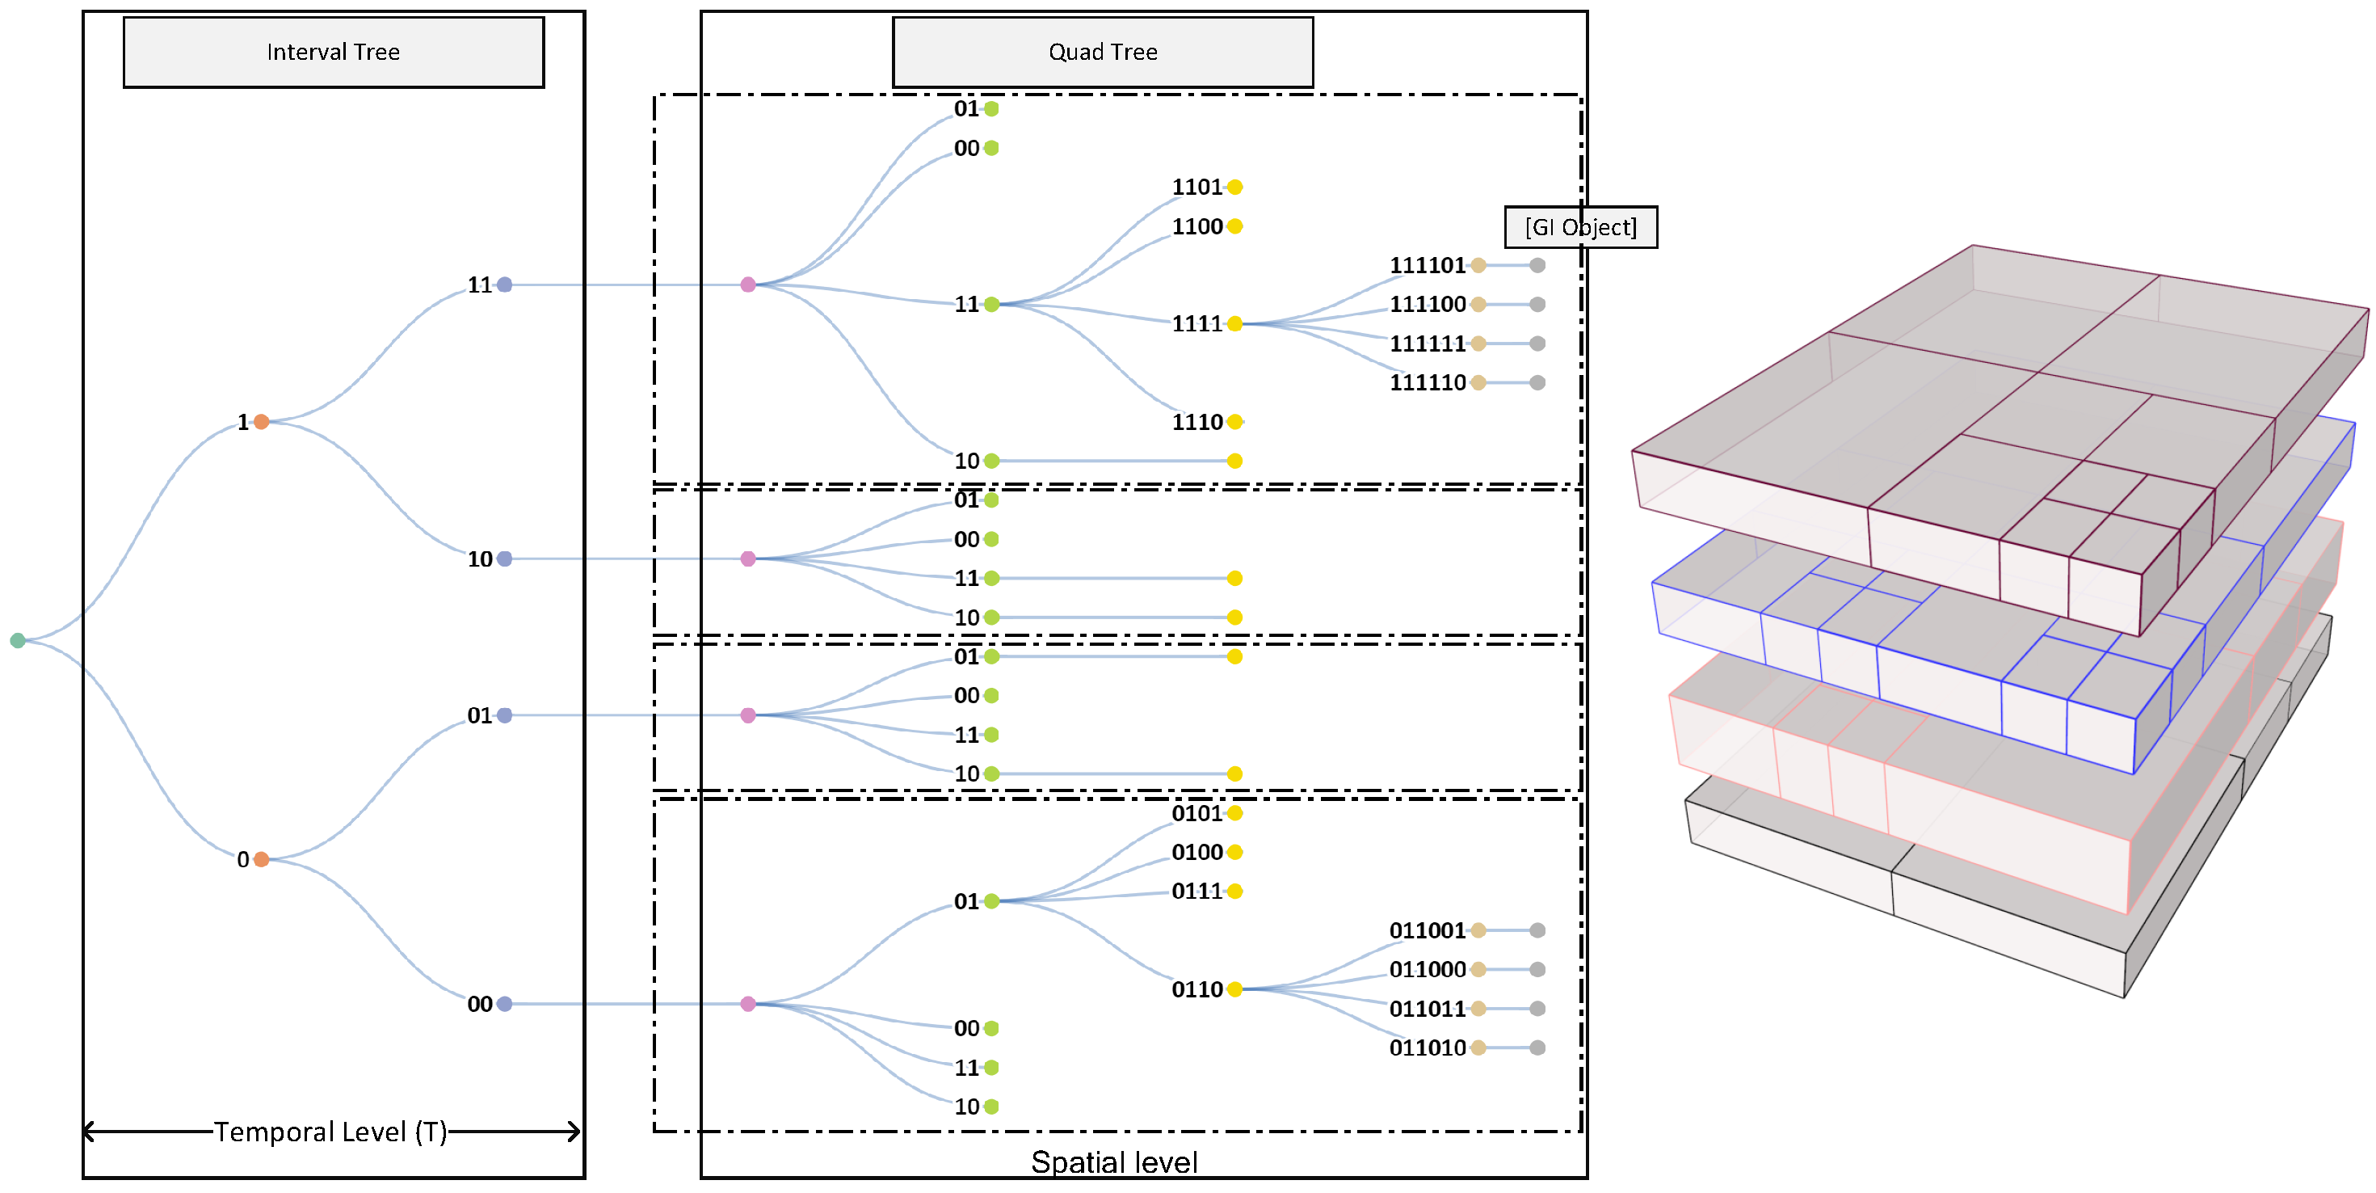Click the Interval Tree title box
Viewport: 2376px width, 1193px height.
(333, 52)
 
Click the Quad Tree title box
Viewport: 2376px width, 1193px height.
(1102, 52)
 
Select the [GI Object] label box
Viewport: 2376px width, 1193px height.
(1580, 227)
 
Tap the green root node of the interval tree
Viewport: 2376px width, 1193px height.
(18, 640)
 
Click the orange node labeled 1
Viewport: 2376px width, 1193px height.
(261, 422)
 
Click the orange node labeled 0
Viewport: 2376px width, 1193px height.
(261, 859)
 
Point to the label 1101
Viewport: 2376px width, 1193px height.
(1196, 188)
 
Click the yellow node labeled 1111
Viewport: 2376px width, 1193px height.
(1235, 324)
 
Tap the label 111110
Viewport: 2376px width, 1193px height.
(1427, 383)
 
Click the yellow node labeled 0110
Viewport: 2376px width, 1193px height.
(1235, 989)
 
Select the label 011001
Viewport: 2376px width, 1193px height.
(1427, 930)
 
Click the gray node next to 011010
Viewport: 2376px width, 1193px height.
(1537, 1048)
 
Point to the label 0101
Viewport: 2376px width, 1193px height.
(1196, 813)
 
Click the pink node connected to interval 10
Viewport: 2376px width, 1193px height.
(748, 559)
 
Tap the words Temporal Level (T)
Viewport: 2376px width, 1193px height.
(330, 1132)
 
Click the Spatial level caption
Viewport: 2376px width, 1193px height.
(1113, 1161)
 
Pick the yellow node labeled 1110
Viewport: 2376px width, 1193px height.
(1235, 422)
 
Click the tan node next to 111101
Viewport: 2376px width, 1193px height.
(1478, 266)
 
